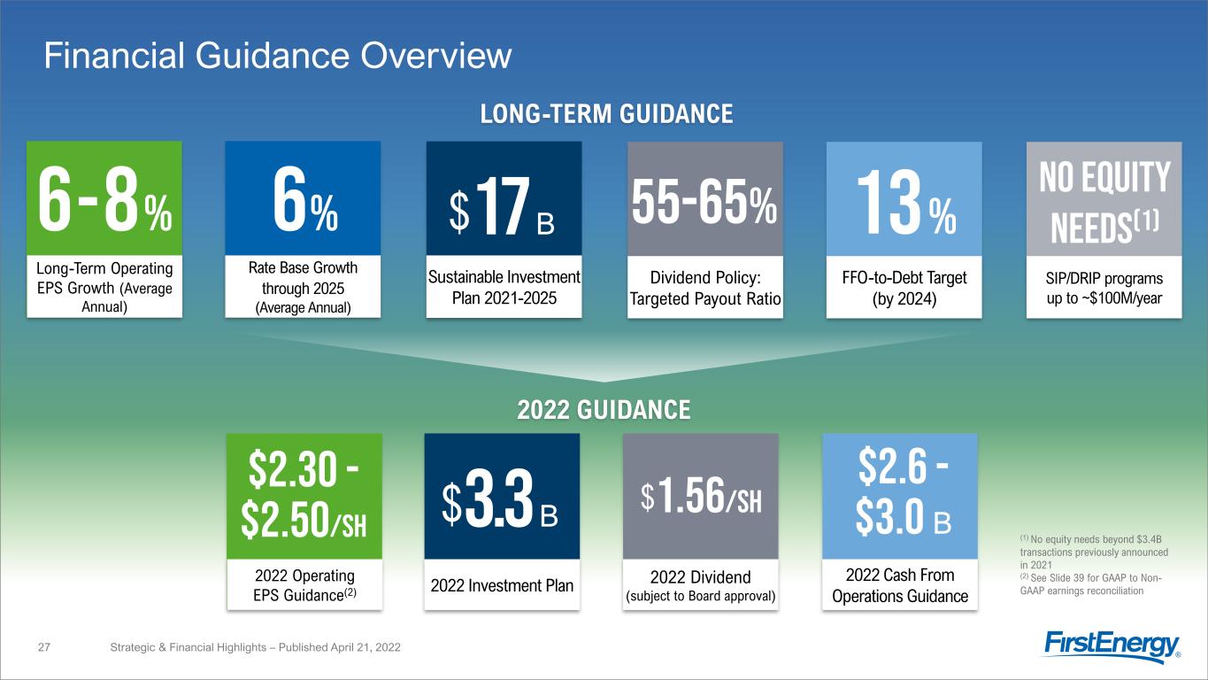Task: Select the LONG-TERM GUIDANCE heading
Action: click(605, 114)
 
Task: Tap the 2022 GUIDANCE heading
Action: click(604, 410)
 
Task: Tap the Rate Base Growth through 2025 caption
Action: click(303, 285)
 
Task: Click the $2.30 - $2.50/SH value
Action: click(304, 496)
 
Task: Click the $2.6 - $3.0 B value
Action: click(900, 496)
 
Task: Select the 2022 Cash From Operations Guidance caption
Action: click(900, 585)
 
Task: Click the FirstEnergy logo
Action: click(1112, 646)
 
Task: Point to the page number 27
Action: click(45, 648)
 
